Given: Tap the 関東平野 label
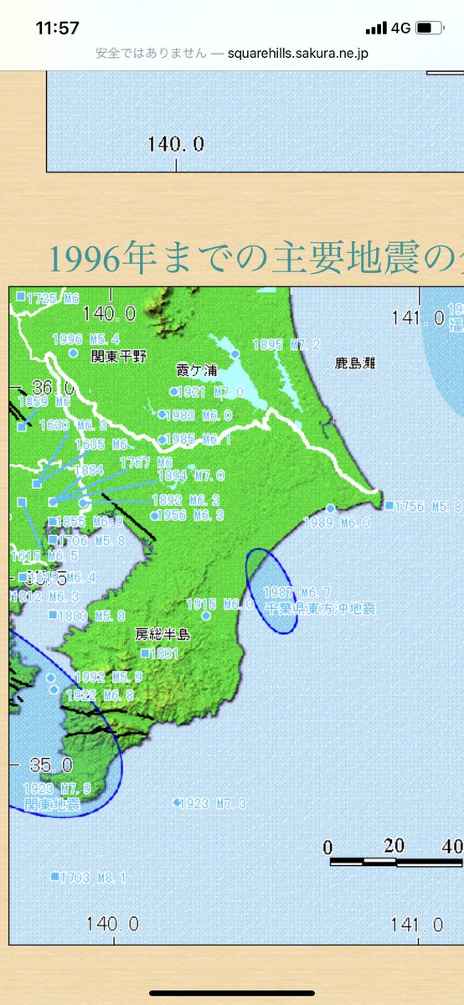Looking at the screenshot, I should [119, 356].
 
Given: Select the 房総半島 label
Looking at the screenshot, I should [162, 634].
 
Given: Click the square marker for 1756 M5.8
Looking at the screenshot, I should [389, 505].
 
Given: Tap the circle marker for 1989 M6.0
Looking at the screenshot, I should [330, 508].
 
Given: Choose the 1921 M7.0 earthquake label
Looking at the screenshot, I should [204, 392].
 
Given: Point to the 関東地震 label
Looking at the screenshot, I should [53, 805].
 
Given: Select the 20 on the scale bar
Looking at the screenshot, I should [395, 843].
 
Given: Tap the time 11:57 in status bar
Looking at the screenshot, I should [58, 28].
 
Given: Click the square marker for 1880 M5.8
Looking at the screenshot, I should [54, 615].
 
